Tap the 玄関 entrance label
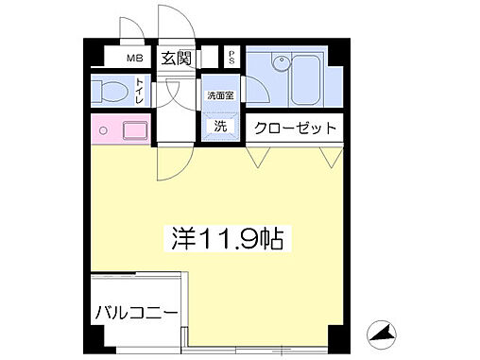pyautogui.click(x=176, y=58)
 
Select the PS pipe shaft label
pyautogui.click(x=231, y=55)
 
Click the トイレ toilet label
pyautogui.click(x=139, y=91)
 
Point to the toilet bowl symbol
pyautogui.click(x=111, y=93)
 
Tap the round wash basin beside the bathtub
pyautogui.click(x=280, y=65)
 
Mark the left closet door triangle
pyautogui.click(x=257, y=156)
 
